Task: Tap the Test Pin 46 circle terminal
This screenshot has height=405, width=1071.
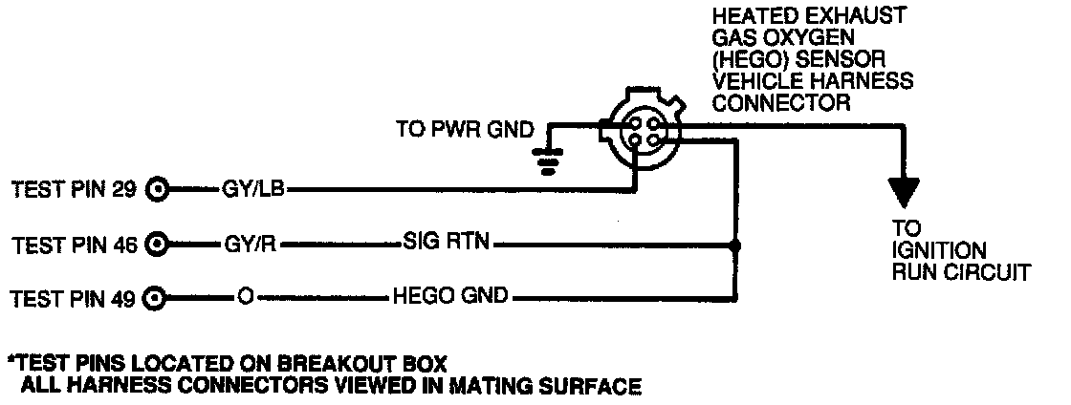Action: (159, 245)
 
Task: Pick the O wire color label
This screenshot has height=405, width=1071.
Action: (245, 298)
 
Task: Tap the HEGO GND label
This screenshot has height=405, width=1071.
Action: (450, 298)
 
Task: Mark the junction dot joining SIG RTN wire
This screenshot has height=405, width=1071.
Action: (733, 244)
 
